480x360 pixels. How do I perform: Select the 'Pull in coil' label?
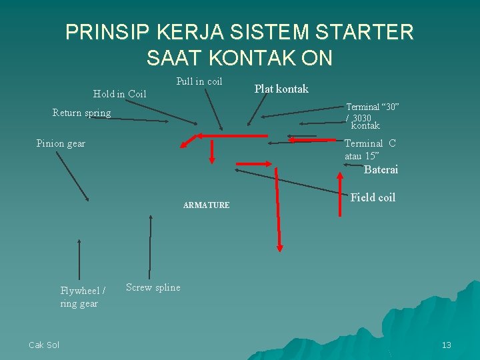coord(199,81)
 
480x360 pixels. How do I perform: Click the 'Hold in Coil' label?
coord(119,94)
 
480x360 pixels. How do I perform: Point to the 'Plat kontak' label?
coord(281,89)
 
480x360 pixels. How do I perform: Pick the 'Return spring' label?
coord(81,113)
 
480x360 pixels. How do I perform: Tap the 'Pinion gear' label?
coord(61,143)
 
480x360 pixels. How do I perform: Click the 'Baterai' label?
coord(381,169)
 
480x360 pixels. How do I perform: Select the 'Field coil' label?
coord(373,197)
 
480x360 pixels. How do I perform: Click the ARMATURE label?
coord(206,205)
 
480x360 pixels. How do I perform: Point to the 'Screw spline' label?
coord(153,287)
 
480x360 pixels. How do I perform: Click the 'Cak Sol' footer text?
coord(44,345)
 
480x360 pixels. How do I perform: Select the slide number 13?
coord(446,345)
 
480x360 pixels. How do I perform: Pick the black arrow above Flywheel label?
coord(79,259)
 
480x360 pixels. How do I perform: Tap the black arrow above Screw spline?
coord(151,246)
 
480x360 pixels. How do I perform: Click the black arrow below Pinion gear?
coord(73,177)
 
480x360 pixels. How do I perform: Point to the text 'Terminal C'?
coord(369,143)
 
